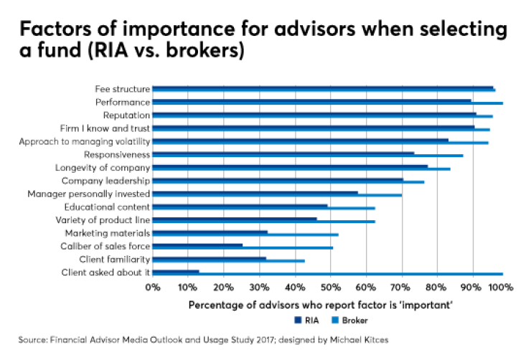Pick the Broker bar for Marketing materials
point(245,235)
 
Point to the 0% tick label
point(152,288)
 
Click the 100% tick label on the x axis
point(502,288)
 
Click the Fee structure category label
point(122,89)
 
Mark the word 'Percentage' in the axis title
point(214,305)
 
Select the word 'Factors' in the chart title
point(54,30)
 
